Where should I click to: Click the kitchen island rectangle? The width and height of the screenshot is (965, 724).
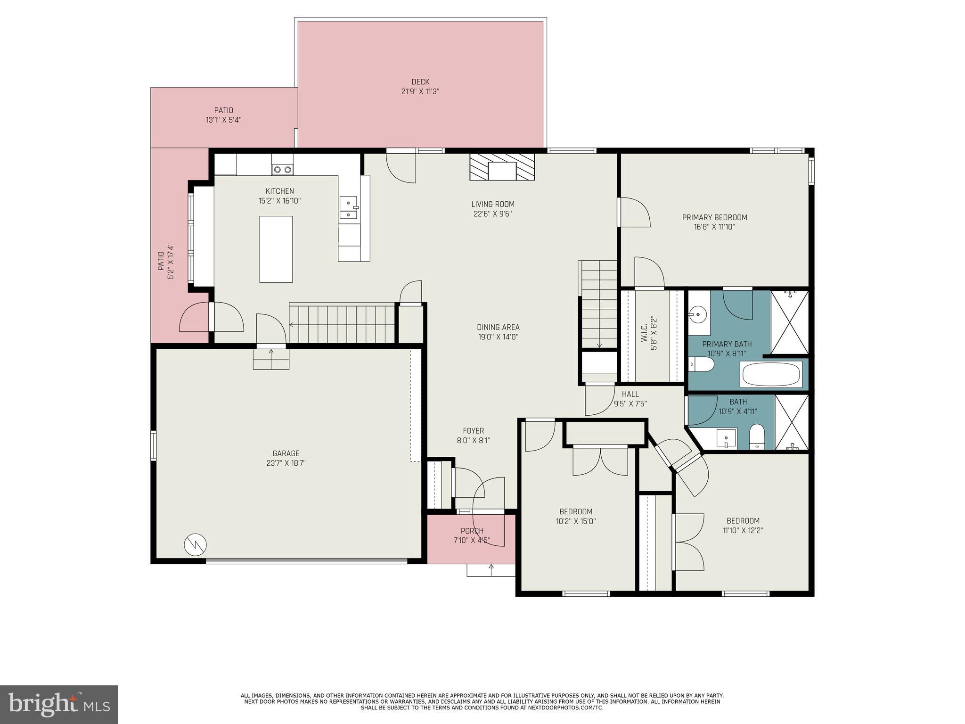276,249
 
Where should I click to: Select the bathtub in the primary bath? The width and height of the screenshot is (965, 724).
771,375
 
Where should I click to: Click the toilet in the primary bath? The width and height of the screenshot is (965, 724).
702,364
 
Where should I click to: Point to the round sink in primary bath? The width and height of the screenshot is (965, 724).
696,313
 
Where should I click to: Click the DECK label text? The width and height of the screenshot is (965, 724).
420,82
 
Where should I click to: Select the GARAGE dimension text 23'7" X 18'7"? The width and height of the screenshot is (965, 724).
286,463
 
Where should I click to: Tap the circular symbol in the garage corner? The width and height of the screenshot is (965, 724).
195,545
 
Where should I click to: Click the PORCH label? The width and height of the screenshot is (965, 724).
472,531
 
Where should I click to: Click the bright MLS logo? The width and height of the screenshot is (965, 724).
59,704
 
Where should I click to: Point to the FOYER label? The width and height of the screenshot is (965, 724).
473,431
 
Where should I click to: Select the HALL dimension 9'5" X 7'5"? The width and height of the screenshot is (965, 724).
630,404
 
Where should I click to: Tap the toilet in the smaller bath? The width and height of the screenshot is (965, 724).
757,436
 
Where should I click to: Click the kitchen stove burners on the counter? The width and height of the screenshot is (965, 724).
283,169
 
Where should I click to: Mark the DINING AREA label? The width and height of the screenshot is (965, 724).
498,327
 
